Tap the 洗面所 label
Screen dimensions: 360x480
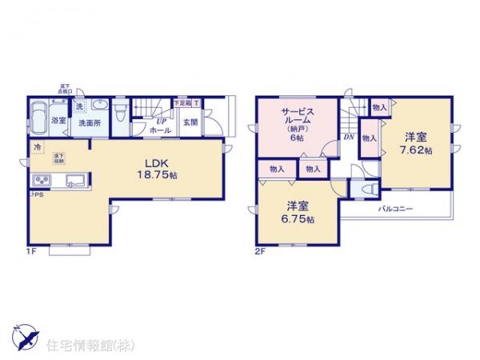coord(88,124)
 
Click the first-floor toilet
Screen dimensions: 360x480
coord(119,110)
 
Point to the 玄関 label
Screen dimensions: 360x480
coord(190,122)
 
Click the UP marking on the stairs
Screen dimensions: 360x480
coord(160,120)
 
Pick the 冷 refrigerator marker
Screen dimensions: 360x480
coord(37,147)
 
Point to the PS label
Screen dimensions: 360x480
coord(35,194)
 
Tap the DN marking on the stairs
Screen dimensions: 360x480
coord(349,137)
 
